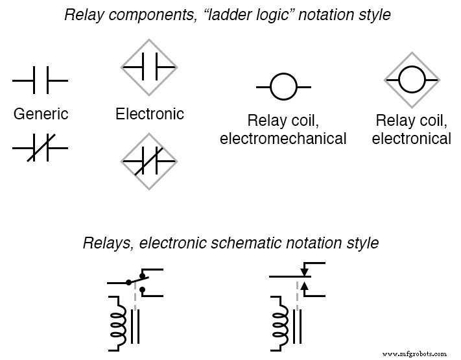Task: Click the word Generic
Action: pyautogui.click(x=41, y=114)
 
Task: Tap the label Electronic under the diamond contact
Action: pyautogui.click(x=150, y=114)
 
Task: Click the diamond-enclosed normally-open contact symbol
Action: pyautogui.click(x=149, y=66)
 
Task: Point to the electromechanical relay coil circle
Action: pyautogui.click(x=283, y=86)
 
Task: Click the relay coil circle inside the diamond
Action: pyautogui.click(x=412, y=80)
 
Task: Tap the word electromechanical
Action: pyautogui.click(x=283, y=138)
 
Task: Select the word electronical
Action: pyautogui.click(x=412, y=138)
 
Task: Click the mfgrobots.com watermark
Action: pyautogui.click(x=414, y=354)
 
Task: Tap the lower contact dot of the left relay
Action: pyautogui.click(x=141, y=289)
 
